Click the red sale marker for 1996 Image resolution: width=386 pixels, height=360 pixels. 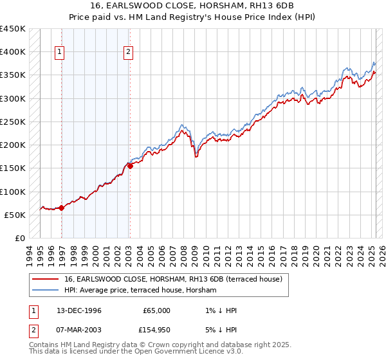62,208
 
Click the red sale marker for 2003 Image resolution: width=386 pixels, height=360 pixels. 129,166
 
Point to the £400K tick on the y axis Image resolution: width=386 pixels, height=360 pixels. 13,52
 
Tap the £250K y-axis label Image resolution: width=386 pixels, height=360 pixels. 13,122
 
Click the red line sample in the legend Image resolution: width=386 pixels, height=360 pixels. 45,278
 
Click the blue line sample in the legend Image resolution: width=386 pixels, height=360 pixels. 45,290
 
